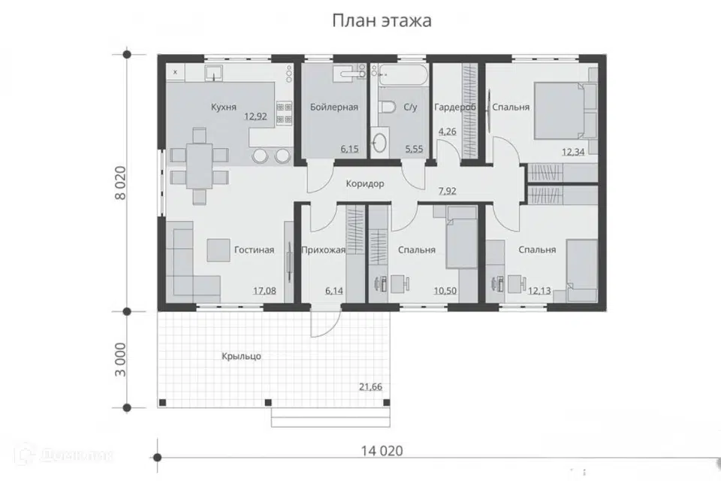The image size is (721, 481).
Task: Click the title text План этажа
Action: click(382, 21)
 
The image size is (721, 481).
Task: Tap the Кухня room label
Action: click(224, 107)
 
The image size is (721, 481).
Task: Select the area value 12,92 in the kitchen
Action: click(256, 116)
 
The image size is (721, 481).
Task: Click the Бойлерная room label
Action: click(333, 107)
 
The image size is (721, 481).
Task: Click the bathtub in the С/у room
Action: click(403, 74)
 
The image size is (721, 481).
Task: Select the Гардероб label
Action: click(455, 107)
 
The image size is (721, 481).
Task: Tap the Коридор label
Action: click(365, 183)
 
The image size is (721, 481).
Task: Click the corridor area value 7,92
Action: click(448, 191)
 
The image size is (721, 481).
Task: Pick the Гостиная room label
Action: click(253, 250)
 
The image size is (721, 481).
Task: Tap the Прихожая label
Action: click(322, 250)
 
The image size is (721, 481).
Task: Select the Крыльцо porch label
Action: click(241, 356)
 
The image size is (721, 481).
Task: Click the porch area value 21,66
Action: click(370, 386)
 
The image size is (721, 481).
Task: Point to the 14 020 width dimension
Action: click(382, 451)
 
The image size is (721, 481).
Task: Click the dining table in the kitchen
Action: click(199, 165)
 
